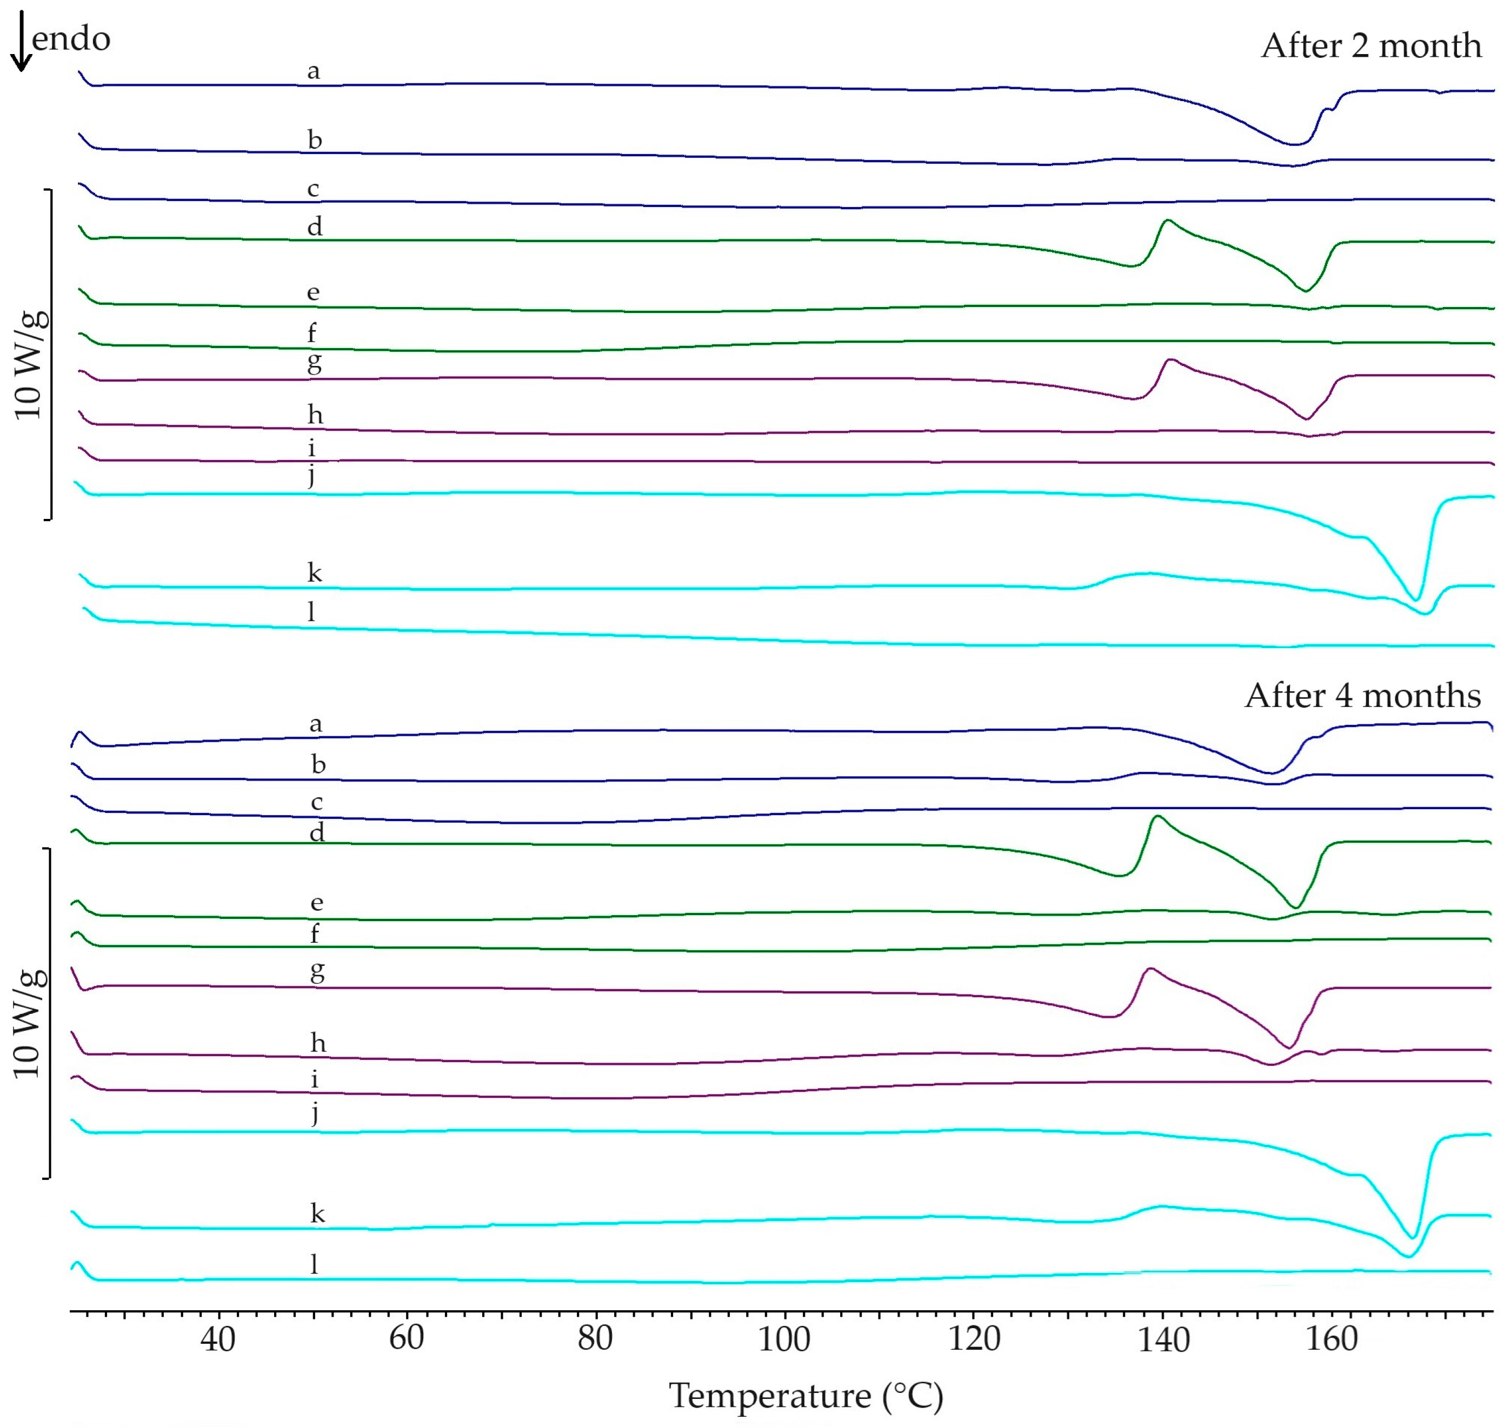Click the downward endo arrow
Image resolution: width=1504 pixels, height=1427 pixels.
click(x=21, y=42)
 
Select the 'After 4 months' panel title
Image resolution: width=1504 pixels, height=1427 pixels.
click(x=1362, y=695)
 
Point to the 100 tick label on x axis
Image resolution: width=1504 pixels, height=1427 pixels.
click(x=783, y=1338)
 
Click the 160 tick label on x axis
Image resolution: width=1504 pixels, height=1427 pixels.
click(x=1332, y=1338)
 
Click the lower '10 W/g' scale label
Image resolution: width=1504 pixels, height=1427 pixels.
click(x=29, y=1023)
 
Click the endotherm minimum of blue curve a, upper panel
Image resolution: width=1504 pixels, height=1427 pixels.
click(x=1293, y=144)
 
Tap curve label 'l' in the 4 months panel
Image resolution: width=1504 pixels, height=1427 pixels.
click(x=314, y=1264)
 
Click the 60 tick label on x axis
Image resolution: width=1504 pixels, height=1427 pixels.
click(x=406, y=1338)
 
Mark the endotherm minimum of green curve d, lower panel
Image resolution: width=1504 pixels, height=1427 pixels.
click(x=1295, y=906)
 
